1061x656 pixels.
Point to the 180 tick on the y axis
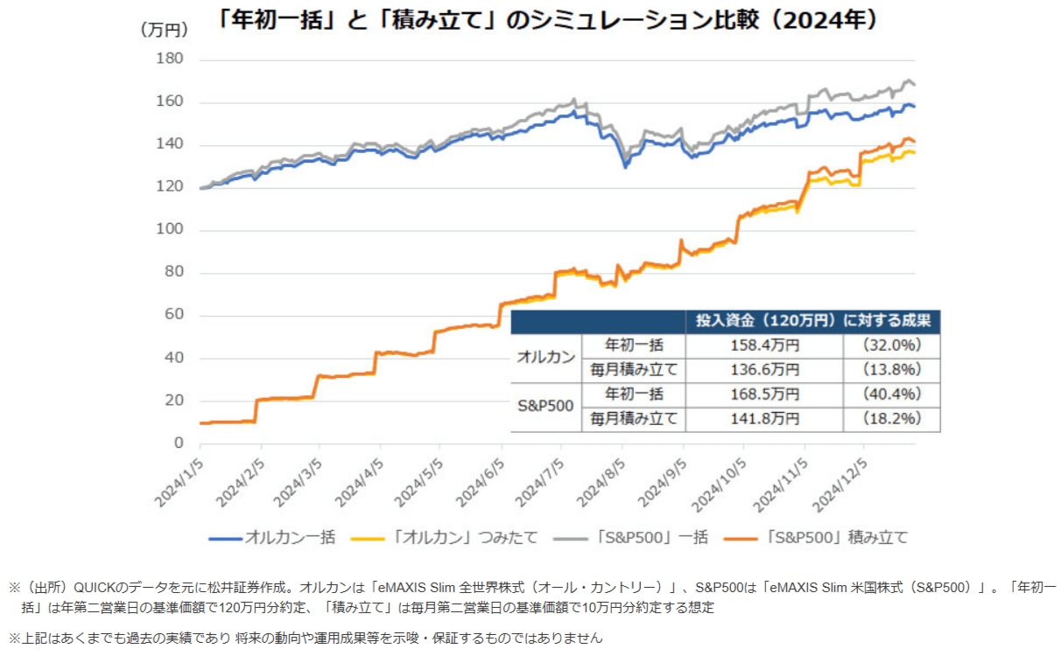pos(170,59)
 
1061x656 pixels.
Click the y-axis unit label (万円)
pos(165,30)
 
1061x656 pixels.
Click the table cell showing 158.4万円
pos(764,345)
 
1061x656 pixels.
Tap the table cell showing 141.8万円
pos(764,419)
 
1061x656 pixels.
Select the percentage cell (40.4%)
pos(891,394)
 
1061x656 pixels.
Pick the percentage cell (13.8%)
pos(891,370)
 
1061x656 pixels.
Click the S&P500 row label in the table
pos(545,407)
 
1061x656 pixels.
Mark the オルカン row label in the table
pos(545,358)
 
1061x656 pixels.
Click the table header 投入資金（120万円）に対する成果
pos(812,320)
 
